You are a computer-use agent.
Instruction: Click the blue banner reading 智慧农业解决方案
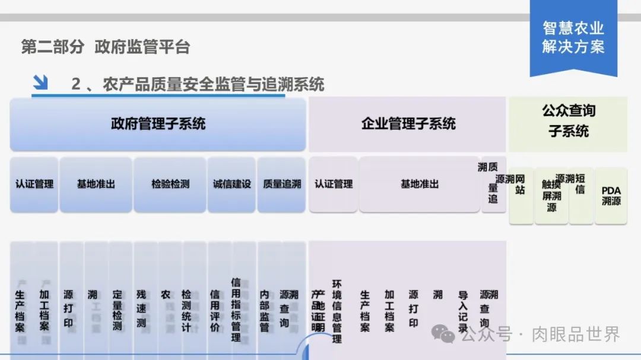(573, 37)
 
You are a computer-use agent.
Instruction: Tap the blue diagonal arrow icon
(40, 83)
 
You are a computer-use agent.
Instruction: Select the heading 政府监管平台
(142, 47)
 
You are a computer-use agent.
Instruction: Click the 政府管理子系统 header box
(158, 124)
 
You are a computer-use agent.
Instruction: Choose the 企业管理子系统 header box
(408, 124)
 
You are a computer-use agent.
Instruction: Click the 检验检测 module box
(170, 184)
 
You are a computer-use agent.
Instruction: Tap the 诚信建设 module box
(231, 184)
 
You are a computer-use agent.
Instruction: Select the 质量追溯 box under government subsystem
(281, 184)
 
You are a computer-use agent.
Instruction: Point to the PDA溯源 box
(611, 196)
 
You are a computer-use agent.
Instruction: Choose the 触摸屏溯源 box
(551, 196)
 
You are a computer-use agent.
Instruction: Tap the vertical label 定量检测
(118, 310)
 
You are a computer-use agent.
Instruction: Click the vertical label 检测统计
(186, 310)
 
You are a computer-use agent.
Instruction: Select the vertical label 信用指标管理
(236, 310)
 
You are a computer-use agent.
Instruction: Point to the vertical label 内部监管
(265, 310)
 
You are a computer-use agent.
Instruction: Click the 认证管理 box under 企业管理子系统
(334, 184)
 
